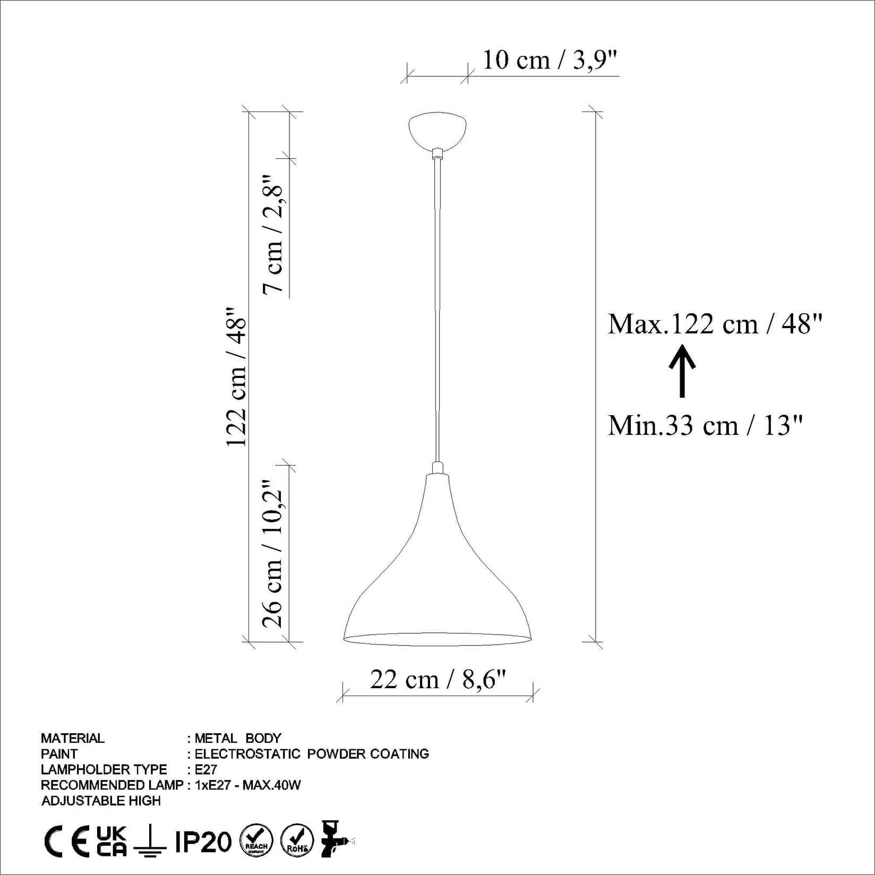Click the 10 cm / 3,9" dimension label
click(550, 60)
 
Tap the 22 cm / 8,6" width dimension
click(437, 679)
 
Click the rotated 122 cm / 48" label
click(237, 377)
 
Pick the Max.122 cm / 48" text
click(715, 323)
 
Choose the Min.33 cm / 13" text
click(705, 425)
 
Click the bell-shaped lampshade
click(437, 573)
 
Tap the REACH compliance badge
click(257, 841)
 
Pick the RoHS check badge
click(297, 841)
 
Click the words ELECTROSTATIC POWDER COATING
click(312, 754)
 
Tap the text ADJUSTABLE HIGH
click(101, 801)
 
